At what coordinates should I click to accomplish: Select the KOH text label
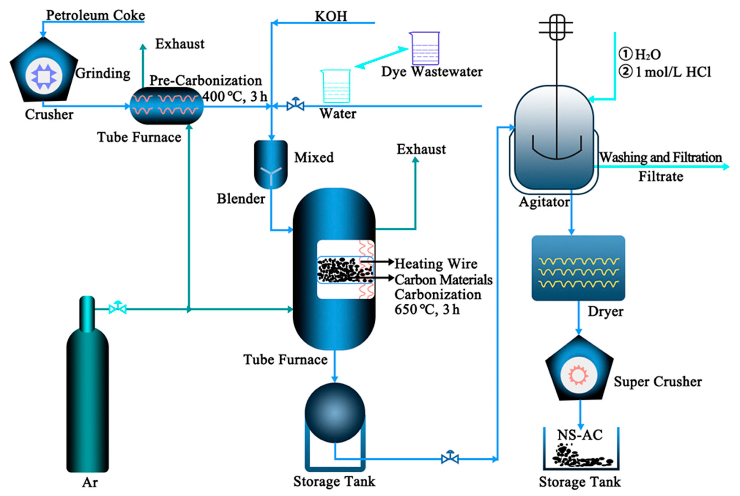click(x=331, y=16)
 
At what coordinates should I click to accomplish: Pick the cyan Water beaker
click(x=336, y=86)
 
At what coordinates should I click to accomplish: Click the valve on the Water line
click(x=295, y=105)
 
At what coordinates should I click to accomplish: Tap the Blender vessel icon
click(x=271, y=165)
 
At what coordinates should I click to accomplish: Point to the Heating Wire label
click(x=436, y=264)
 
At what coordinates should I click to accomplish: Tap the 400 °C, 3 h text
click(x=235, y=96)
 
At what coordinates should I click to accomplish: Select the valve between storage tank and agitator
click(x=450, y=458)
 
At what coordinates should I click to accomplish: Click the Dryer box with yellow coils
click(x=578, y=268)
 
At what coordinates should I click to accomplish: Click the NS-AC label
click(x=580, y=435)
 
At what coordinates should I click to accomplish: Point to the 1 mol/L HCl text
click(x=673, y=72)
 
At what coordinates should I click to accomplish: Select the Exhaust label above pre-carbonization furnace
click(x=180, y=44)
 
